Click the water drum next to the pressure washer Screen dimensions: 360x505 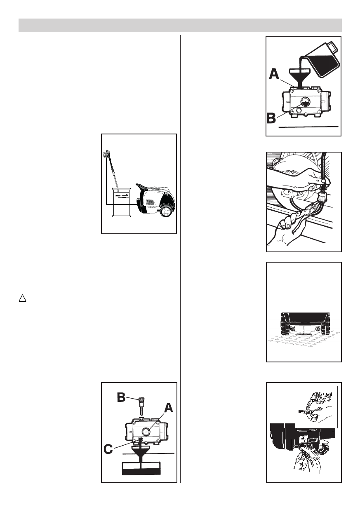click(x=122, y=202)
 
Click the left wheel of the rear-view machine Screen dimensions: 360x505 click(x=283, y=324)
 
